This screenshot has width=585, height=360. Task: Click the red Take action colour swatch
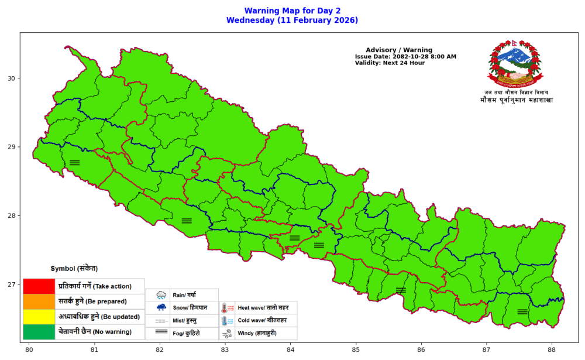pyautogui.click(x=39, y=286)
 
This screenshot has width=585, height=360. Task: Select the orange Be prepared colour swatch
pyautogui.click(x=39, y=301)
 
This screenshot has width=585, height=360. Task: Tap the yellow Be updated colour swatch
pyautogui.click(x=39, y=317)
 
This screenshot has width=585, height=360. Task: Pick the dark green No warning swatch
pyautogui.click(x=39, y=332)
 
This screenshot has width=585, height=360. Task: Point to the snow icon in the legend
pyautogui.click(x=161, y=307)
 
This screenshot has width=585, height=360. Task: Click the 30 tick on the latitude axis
pyautogui.click(x=11, y=78)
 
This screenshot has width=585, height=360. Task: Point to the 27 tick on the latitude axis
pyautogui.click(x=11, y=285)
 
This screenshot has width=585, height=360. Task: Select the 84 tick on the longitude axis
pyautogui.click(x=291, y=350)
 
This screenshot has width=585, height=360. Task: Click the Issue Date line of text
pyautogui.click(x=405, y=57)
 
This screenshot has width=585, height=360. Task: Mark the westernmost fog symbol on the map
pyautogui.click(x=74, y=163)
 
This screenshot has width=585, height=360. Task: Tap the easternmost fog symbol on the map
pyautogui.click(x=522, y=311)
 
